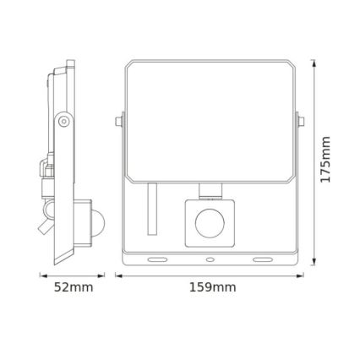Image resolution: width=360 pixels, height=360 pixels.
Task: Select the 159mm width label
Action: pyautogui.click(x=211, y=288)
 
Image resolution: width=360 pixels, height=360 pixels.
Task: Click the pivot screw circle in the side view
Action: pyautogui.click(x=63, y=123)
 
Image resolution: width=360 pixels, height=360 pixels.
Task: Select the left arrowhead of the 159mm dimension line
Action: pyautogui.click(x=118, y=273)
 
